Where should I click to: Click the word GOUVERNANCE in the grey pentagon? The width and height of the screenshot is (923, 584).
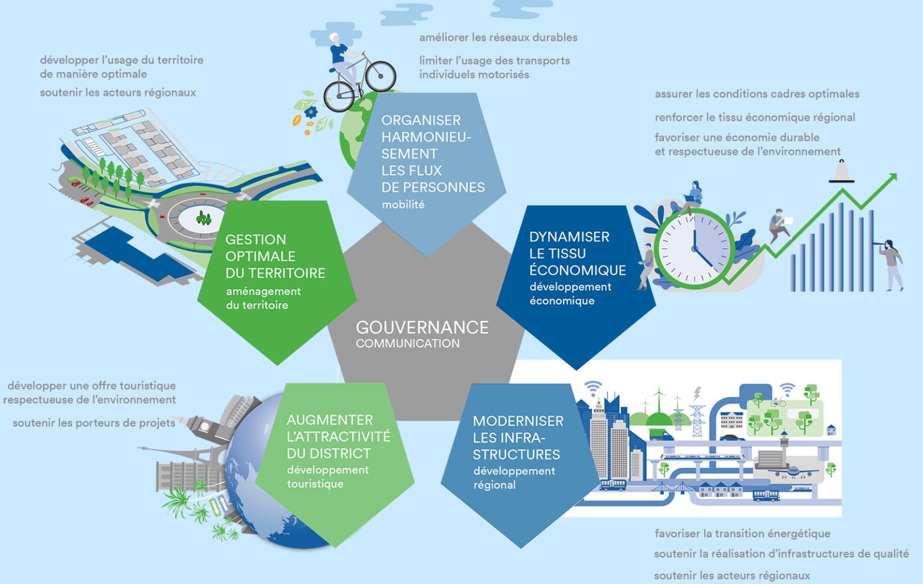pyautogui.click(x=422, y=327)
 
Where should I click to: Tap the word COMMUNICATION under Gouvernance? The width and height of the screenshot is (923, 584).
pyautogui.click(x=407, y=344)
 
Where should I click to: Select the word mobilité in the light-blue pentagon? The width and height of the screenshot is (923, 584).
pyautogui.click(x=403, y=205)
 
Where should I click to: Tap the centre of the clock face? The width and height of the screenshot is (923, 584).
pyautogui.click(x=694, y=248)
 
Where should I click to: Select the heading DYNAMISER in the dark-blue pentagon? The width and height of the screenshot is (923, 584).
pyautogui.click(x=569, y=237)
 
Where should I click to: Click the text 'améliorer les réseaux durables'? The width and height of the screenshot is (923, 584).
pyautogui.click(x=498, y=37)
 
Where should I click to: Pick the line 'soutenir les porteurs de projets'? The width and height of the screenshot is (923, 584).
pyautogui.click(x=94, y=423)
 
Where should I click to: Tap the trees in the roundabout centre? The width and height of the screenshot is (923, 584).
pyautogui.click(x=204, y=217)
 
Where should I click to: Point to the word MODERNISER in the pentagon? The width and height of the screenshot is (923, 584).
pyautogui.click(x=518, y=421)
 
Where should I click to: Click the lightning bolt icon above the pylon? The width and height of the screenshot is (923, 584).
pyautogui.click(x=697, y=394)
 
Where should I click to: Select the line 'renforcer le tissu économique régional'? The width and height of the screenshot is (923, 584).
pyautogui.click(x=755, y=118)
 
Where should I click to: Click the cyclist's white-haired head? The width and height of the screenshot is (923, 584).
pyautogui.click(x=334, y=38)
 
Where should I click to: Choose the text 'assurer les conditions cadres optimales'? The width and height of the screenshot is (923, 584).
pyautogui.click(x=757, y=94)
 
